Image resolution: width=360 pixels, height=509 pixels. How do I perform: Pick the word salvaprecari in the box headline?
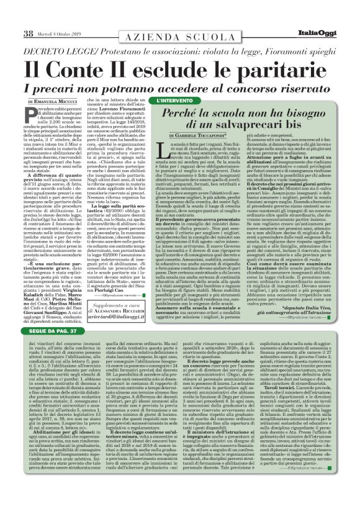point(248,128)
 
